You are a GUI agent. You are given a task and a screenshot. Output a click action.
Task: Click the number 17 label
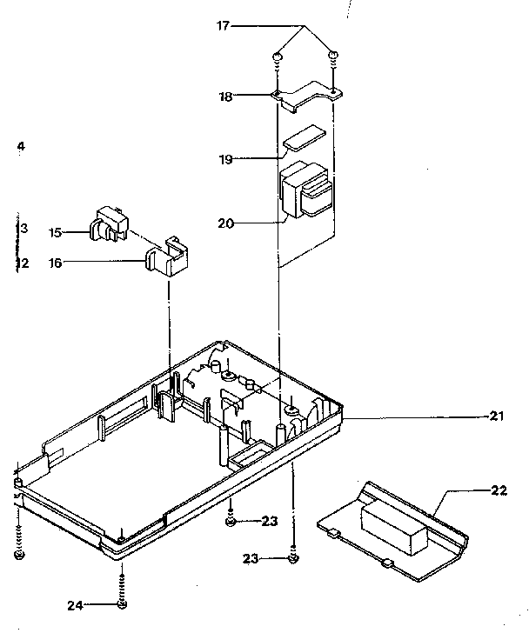223,26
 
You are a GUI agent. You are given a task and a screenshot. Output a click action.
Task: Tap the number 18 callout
225,97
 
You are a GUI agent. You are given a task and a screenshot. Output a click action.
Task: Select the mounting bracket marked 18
306,93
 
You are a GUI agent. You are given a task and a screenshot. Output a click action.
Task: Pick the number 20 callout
225,223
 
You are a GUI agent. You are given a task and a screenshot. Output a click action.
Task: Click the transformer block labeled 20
305,192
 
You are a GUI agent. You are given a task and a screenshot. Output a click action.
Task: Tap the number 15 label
55,232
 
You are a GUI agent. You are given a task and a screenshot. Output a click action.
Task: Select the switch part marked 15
107,224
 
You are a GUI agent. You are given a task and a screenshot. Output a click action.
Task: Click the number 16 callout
55,262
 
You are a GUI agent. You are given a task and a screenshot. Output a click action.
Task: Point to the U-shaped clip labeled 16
169,257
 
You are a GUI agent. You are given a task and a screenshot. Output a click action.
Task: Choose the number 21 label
497,416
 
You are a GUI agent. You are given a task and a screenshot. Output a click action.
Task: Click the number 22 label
499,490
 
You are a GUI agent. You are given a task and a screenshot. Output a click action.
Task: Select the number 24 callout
77,604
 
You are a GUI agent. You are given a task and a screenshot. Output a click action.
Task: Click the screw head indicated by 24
122,603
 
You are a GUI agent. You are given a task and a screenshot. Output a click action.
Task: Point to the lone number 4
21,146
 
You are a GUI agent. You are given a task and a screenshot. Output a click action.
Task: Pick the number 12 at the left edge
23,263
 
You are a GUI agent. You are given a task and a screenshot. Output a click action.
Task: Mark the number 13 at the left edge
23,229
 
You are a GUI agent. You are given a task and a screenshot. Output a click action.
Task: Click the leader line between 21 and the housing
418,417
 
